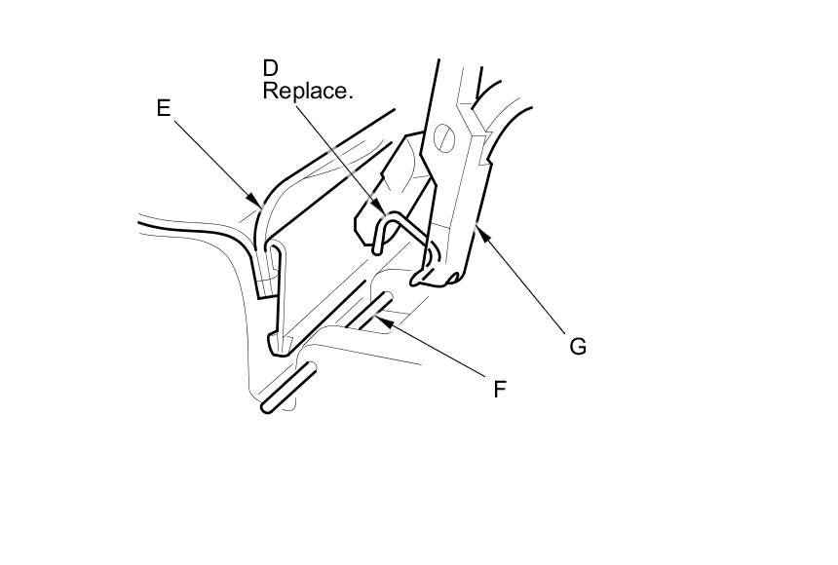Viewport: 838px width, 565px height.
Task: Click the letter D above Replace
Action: [270, 68]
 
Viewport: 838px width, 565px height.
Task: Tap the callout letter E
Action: [164, 109]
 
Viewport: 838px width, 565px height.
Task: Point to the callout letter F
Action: [499, 390]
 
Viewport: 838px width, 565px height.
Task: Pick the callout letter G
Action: [577, 346]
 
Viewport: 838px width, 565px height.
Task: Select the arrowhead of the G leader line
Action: [476, 227]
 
